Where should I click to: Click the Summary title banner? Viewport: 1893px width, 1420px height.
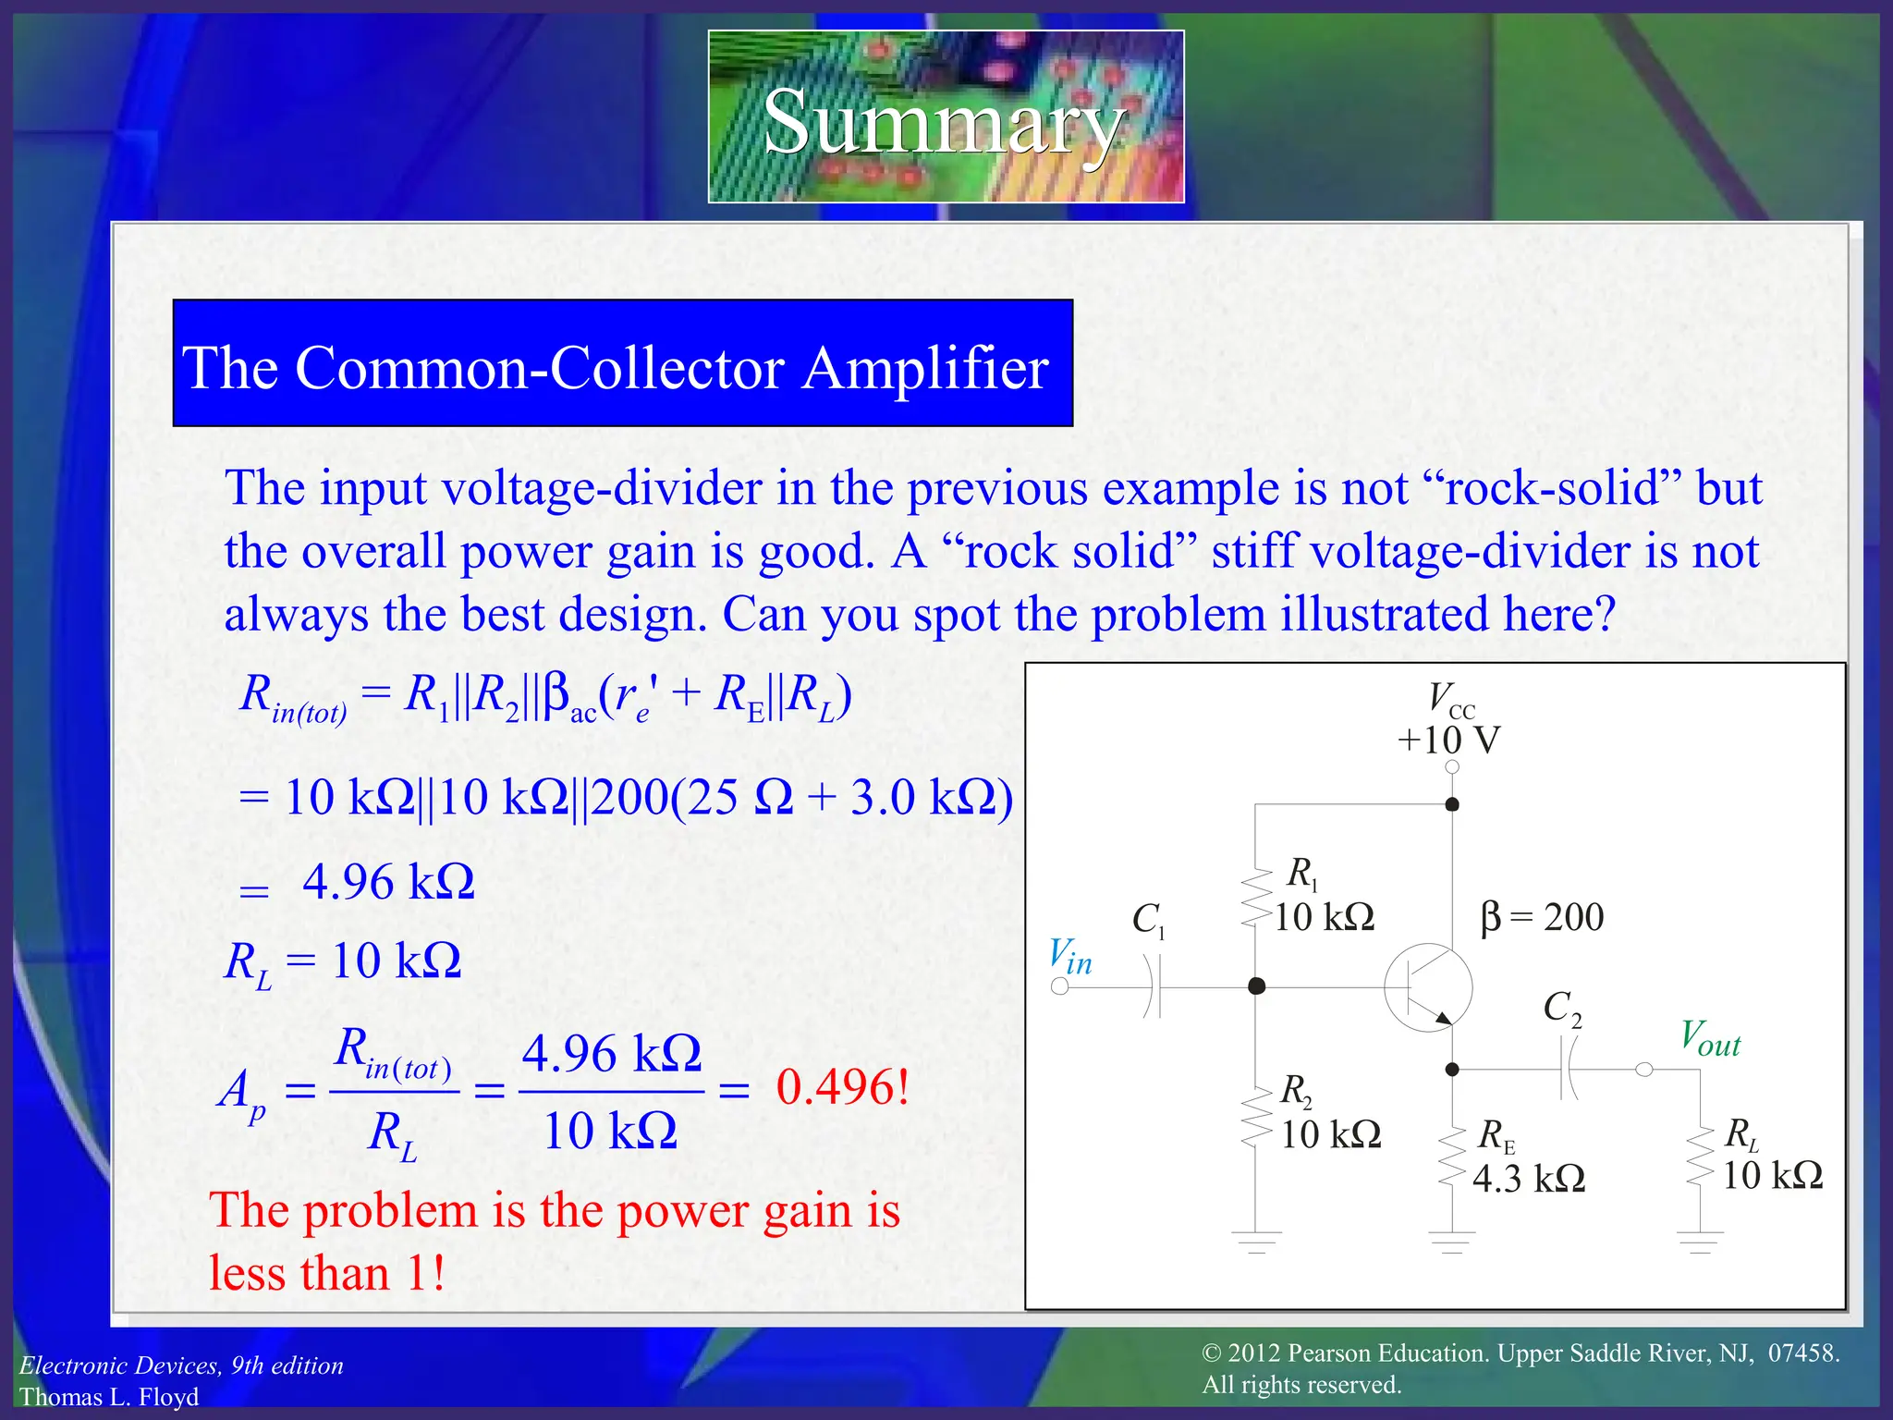[x=946, y=117]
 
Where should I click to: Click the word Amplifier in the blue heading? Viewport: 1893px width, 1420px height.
[x=925, y=368]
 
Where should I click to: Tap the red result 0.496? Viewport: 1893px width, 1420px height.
[x=842, y=1087]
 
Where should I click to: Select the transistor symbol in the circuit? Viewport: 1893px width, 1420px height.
[x=1428, y=987]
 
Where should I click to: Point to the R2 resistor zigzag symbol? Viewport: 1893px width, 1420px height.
[x=1255, y=1117]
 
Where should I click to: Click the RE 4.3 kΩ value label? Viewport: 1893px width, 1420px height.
[x=1529, y=1179]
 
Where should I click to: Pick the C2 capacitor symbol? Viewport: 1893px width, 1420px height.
[x=1569, y=1070]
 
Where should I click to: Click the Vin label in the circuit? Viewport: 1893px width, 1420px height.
[x=1070, y=957]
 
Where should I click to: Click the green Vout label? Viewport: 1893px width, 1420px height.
[x=1710, y=1038]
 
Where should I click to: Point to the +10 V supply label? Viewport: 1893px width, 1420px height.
[x=1448, y=741]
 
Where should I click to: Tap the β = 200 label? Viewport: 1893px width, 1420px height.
[x=1542, y=917]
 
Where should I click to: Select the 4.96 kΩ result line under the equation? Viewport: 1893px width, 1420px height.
[x=388, y=882]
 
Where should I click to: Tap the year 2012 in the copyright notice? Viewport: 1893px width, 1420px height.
[x=1254, y=1353]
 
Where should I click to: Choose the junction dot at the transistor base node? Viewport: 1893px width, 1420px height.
[x=1256, y=986]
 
